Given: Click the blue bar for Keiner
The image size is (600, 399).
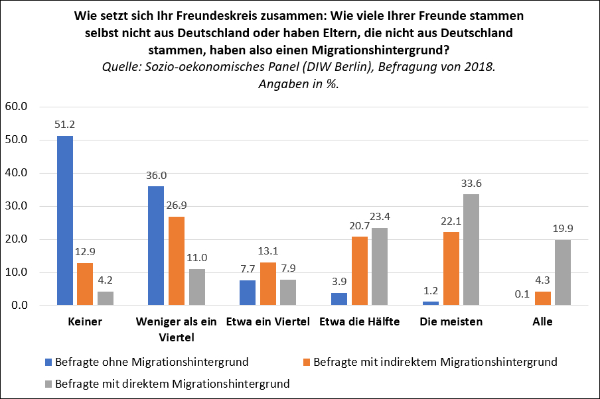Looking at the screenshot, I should pos(65,221).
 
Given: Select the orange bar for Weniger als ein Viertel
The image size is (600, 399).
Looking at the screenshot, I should pos(176,261).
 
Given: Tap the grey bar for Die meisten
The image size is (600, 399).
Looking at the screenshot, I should pos(471,250).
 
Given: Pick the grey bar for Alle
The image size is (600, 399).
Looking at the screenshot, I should pos(562,272).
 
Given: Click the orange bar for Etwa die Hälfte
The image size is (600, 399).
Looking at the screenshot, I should pos(360,271).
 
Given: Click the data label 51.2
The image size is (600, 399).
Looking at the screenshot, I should pos(64,124).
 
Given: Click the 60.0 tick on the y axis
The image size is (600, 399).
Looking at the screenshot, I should pos(15,107).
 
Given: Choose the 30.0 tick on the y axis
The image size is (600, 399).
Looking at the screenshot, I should pos(15,206).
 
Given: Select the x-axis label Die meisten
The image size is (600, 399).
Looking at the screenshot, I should pos(451,322).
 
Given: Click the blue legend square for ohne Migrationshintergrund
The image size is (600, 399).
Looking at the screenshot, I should pos(48,363).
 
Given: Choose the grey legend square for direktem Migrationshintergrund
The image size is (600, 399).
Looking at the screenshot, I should pos(48,383).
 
